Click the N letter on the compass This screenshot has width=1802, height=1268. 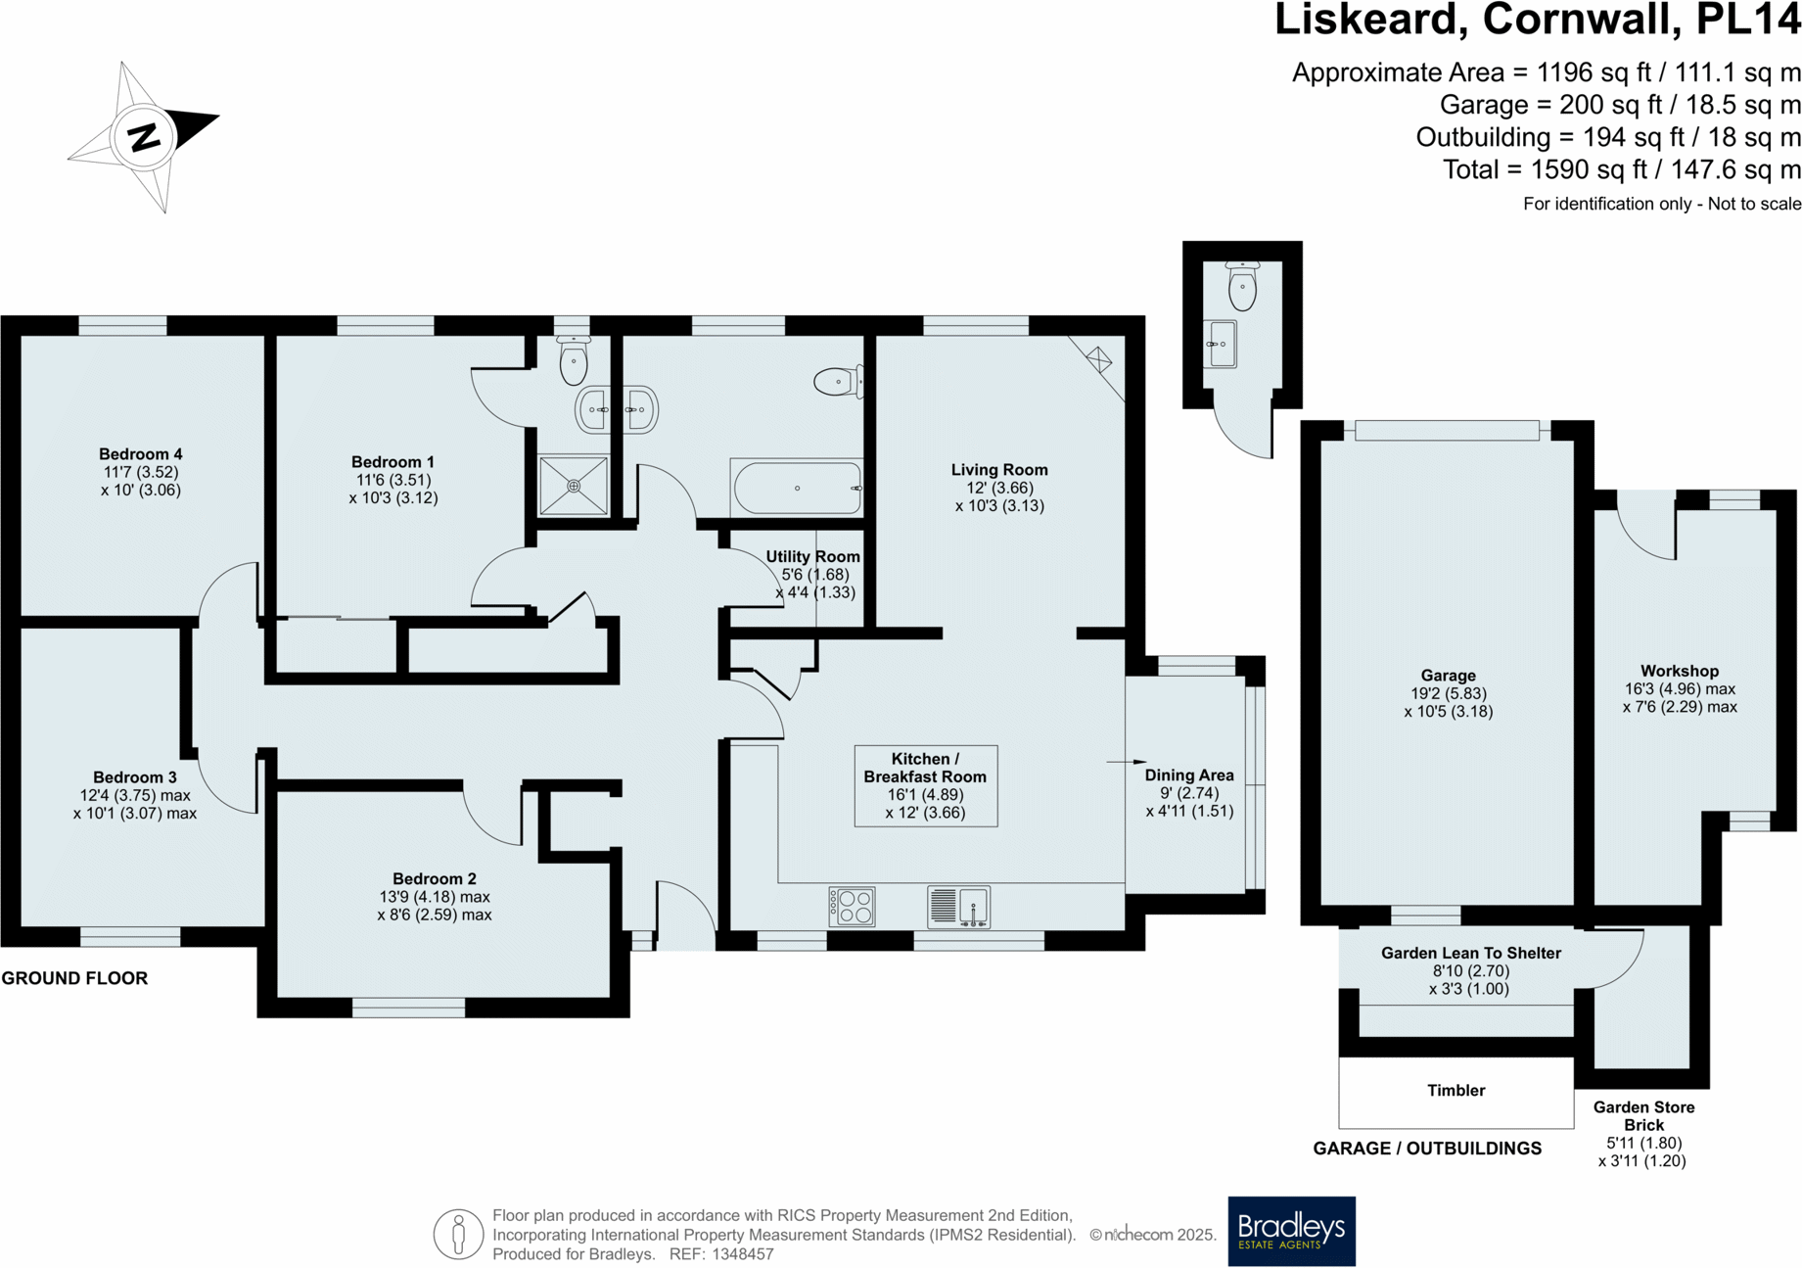(144, 137)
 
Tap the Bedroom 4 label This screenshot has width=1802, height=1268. (140, 454)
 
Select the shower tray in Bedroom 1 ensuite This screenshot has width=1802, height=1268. (574, 486)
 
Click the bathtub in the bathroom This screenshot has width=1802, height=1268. (797, 488)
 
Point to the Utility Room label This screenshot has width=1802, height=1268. (812, 557)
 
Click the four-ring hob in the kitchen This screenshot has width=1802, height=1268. (852, 907)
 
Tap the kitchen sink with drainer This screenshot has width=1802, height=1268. (958, 907)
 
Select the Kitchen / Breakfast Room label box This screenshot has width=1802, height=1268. (925, 786)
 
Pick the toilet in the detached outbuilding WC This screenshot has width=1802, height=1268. (1242, 287)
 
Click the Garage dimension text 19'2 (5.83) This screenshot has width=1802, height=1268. (1448, 693)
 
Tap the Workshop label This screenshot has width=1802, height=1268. (1680, 671)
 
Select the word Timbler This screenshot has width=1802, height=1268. (1455, 1091)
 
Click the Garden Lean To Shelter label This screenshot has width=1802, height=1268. (1470, 953)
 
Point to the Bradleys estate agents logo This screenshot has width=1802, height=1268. (1291, 1231)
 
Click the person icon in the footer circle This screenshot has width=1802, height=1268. (458, 1234)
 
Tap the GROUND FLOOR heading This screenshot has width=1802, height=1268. (74, 978)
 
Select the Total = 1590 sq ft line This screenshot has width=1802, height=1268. (1621, 169)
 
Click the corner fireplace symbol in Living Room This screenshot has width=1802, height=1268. (1099, 360)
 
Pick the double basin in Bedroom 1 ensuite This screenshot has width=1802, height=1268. (617, 409)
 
